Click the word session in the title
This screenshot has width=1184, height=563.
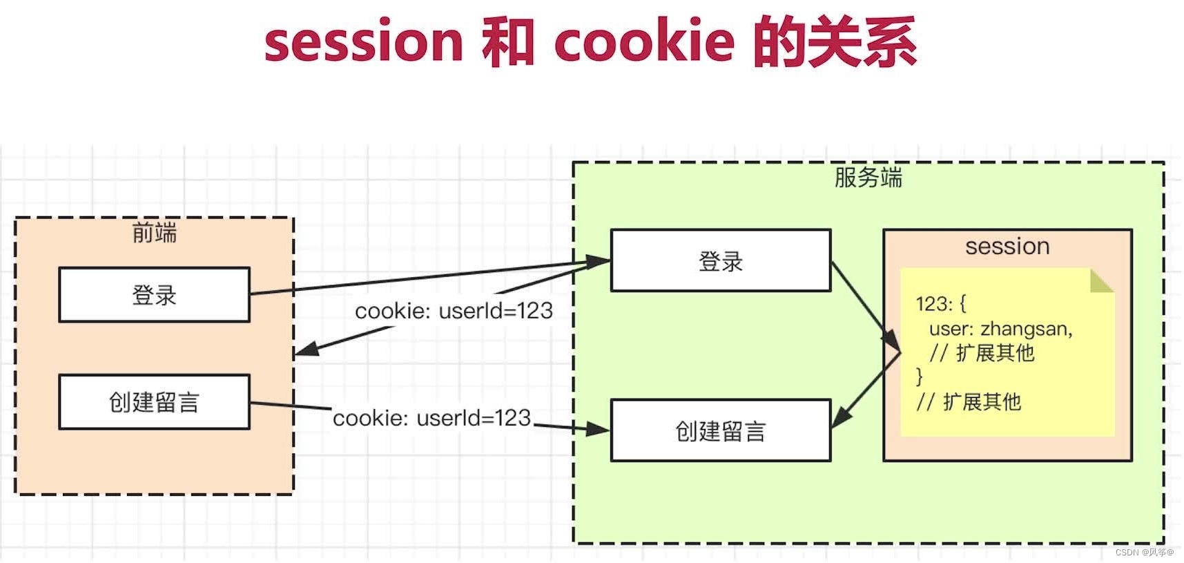[363, 41]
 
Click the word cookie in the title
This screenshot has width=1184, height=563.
[643, 41]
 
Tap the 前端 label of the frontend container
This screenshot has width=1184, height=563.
[154, 233]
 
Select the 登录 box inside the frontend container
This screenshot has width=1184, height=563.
[154, 295]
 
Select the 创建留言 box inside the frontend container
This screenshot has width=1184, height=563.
[154, 402]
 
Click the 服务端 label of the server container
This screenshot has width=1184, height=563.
[868, 178]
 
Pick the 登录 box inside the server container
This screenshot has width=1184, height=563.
[720, 261]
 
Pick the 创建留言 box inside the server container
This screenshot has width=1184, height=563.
[720, 431]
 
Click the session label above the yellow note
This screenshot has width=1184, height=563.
[1007, 246]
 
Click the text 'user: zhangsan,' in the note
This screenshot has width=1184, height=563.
[1000, 329]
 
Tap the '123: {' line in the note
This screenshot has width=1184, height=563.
[940, 303]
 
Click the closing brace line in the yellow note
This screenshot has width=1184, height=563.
[919, 376]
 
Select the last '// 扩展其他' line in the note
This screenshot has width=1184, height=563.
[968, 402]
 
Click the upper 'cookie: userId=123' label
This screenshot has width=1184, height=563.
[454, 311]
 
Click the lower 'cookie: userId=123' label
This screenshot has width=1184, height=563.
[431, 418]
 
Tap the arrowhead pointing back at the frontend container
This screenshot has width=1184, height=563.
[307, 349]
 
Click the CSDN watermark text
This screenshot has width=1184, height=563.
[1143, 553]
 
